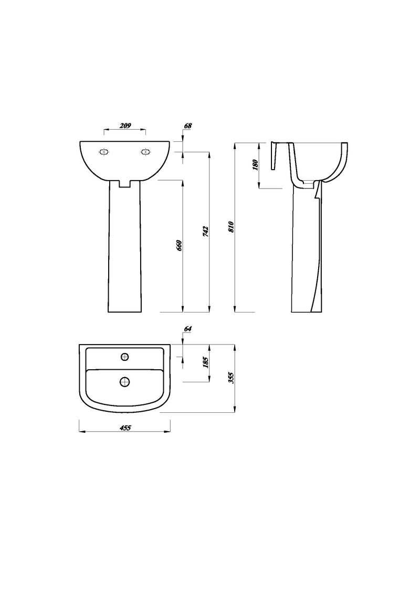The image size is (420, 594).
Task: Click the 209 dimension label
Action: point(125,126)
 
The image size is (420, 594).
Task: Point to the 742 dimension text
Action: point(205,231)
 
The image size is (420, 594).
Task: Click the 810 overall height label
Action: point(230,227)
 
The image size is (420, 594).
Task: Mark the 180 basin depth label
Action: point(255,164)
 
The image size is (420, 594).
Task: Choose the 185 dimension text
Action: point(205,362)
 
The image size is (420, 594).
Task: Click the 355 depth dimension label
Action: point(230,378)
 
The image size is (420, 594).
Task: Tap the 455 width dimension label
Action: point(125,428)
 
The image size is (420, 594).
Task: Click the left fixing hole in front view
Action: point(104,152)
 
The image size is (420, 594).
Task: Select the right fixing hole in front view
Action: point(145,152)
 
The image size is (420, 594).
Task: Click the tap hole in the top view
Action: point(125,357)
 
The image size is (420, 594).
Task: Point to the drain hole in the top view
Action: point(125,382)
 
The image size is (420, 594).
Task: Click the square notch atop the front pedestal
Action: point(125,184)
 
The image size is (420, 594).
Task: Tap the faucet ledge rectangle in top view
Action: point(125,358)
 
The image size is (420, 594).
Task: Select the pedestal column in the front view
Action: point(125,247)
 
